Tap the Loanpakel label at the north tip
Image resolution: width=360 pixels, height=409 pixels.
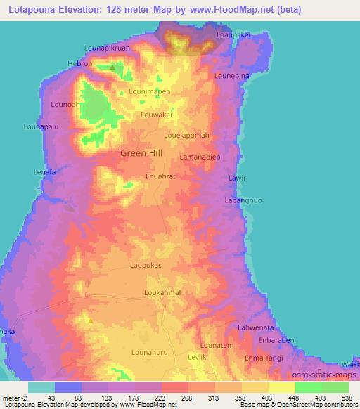pos(233,34)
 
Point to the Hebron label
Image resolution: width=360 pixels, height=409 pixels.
pos(79,63)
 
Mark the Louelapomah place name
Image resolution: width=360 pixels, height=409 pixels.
pos(186,134)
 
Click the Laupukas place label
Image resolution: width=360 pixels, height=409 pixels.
pos(146,266)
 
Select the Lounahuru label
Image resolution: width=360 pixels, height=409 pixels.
pos(151,353)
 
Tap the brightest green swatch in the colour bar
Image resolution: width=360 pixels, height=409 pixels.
pos(309,387)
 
